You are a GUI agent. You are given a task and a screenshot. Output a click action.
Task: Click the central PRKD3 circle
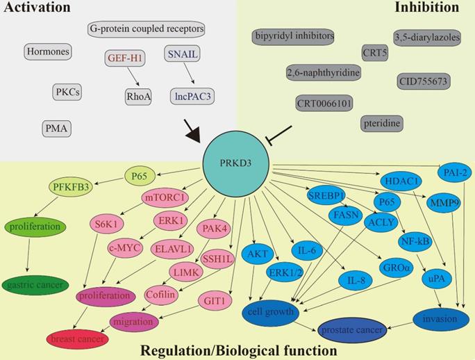pos(236,163)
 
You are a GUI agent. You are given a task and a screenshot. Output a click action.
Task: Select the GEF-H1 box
pos(126,59)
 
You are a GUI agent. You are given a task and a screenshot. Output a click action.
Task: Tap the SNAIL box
pos(183,54)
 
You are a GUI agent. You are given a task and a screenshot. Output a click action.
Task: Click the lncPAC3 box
pos(192,96)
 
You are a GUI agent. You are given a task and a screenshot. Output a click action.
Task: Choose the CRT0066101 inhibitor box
pos(324,104)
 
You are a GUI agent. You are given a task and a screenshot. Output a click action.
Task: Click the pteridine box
pos(382,123)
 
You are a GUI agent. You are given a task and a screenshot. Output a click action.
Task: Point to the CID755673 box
pos(423,81)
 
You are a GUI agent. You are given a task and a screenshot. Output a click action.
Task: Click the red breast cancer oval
pos(78,339)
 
